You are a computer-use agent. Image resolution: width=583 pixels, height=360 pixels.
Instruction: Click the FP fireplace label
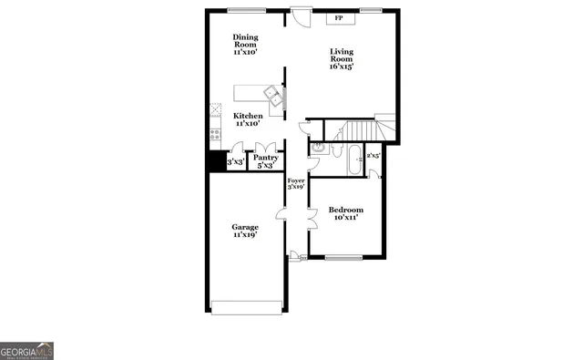[x=338, y=18]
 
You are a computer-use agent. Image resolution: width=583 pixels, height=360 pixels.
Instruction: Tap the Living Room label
[x=341, y=59]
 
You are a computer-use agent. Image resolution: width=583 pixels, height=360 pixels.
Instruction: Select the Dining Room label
[x=244, y=44]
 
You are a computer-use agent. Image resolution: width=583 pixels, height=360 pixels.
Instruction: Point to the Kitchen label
[x=248, y=119]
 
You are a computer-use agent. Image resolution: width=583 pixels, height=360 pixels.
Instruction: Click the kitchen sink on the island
[x=272, y=93]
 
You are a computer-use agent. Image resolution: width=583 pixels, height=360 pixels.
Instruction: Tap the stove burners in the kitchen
[x=215, y=135]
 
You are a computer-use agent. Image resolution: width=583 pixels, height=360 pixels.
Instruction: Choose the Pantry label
[x=265, y=161]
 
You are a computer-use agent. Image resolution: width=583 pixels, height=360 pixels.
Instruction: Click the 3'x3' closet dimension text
[x=235, y=161]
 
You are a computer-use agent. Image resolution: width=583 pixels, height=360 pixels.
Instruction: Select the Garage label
[x=244, y=231]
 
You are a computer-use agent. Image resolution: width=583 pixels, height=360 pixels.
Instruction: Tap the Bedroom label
[x=345, y=212]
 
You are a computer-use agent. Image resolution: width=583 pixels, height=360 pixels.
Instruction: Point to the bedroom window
[x=344, y=258]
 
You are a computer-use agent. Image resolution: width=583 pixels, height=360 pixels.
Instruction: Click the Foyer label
[x=295, y=184]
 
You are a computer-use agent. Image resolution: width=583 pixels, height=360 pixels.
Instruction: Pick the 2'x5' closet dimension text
[x=372, y=156]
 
